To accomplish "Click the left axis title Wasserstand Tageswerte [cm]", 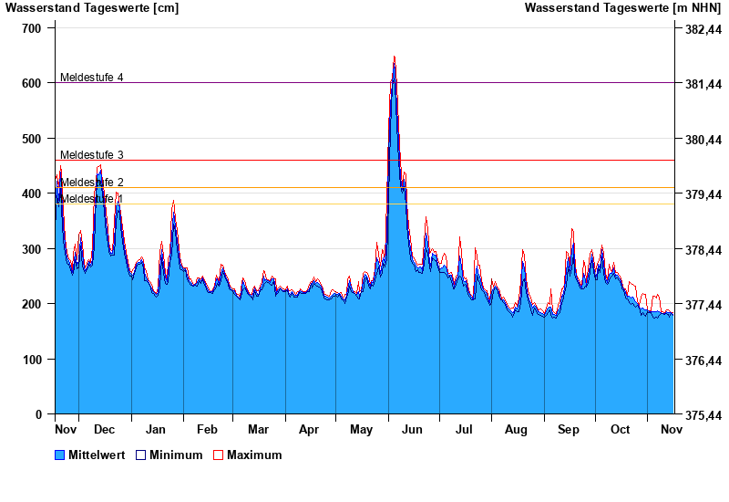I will (x=91, y=8).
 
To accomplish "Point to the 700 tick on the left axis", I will (x=32, y=28).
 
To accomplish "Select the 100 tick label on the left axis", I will (x=32, y=360).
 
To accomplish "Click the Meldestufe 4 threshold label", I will (x=91, y=78).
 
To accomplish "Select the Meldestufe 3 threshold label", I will (x=91, y=155).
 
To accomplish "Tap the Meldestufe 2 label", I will (x=91, y=183).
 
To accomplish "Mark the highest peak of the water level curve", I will (x=394, y=57).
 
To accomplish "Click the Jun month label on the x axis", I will (x=412, y=429).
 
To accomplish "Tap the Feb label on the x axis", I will (x=207, y=429).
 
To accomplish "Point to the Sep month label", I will (x=569, y=429).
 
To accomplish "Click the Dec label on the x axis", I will (x=104, y=429).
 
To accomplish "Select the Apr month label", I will (x=309, y=429).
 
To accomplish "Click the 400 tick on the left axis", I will (x=32, y=193).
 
